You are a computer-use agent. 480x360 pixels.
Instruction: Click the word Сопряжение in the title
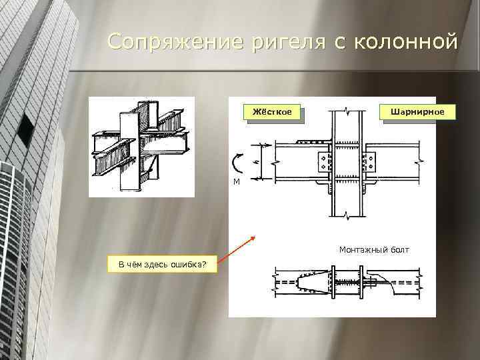click(175, 42)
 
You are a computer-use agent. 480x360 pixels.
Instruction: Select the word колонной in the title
click(406, 41)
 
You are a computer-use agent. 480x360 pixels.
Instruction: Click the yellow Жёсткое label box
click(272, 112)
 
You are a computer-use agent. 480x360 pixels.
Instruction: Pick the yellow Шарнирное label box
click(417, 112)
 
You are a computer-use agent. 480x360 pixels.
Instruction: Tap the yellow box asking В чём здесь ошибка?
click(162, 264)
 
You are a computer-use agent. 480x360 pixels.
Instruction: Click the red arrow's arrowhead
click(253, 238)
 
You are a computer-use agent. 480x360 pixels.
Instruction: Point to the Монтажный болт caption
click(374, 250)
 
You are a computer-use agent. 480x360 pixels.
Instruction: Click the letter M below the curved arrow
click(237, 182)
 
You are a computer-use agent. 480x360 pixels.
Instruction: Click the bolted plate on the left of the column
click(325, 162)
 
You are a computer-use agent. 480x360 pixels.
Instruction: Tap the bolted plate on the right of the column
click(369, 162)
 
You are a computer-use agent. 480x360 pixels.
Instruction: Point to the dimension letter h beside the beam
click(257, 161)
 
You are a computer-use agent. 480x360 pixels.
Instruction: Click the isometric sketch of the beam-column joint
click(141, 147)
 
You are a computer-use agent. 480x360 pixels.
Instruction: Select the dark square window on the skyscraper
click(25, 129)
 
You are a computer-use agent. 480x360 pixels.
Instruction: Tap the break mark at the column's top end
click(347, 109)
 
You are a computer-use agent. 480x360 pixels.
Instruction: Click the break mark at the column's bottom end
click(347, 216)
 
